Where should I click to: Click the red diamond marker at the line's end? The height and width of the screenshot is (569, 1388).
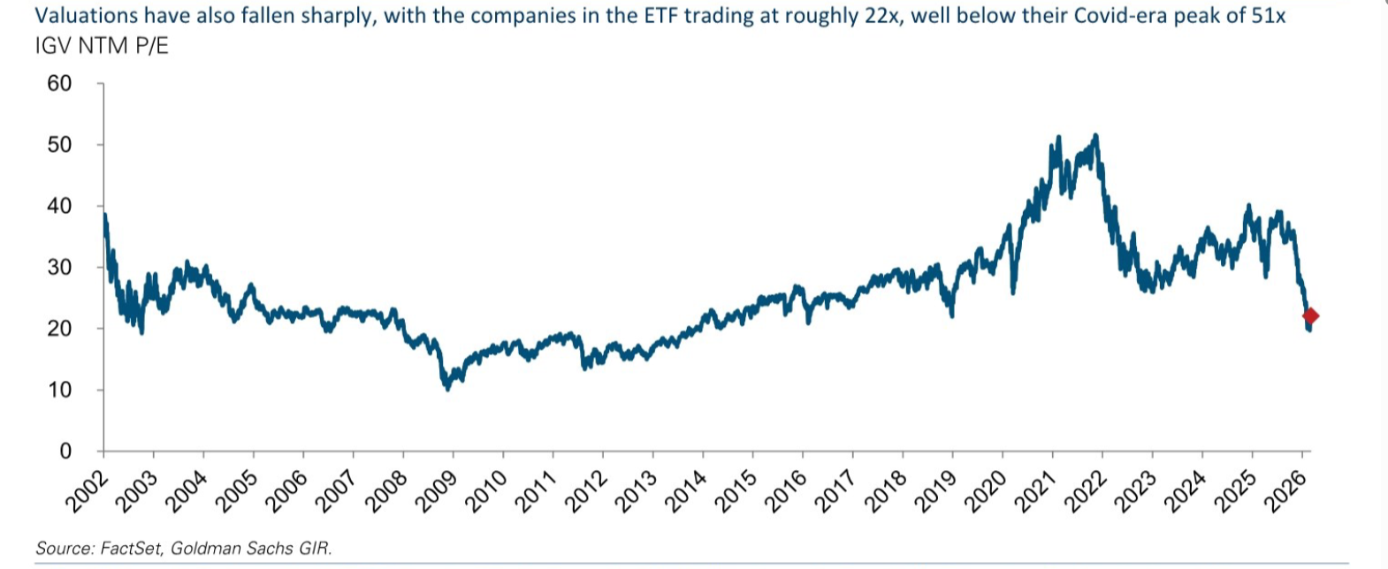tap(1310, 316)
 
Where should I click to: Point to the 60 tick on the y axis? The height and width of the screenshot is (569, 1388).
tap(59, 84)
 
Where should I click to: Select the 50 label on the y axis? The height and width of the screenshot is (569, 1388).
tap(59, 145)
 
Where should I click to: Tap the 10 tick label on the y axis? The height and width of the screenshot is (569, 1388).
tap(59, 391)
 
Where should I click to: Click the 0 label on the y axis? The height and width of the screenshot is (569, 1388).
tap(65, 451)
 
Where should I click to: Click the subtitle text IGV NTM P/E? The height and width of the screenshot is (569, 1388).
tap(102, 47)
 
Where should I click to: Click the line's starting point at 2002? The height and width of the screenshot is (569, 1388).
tap(104, 215)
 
